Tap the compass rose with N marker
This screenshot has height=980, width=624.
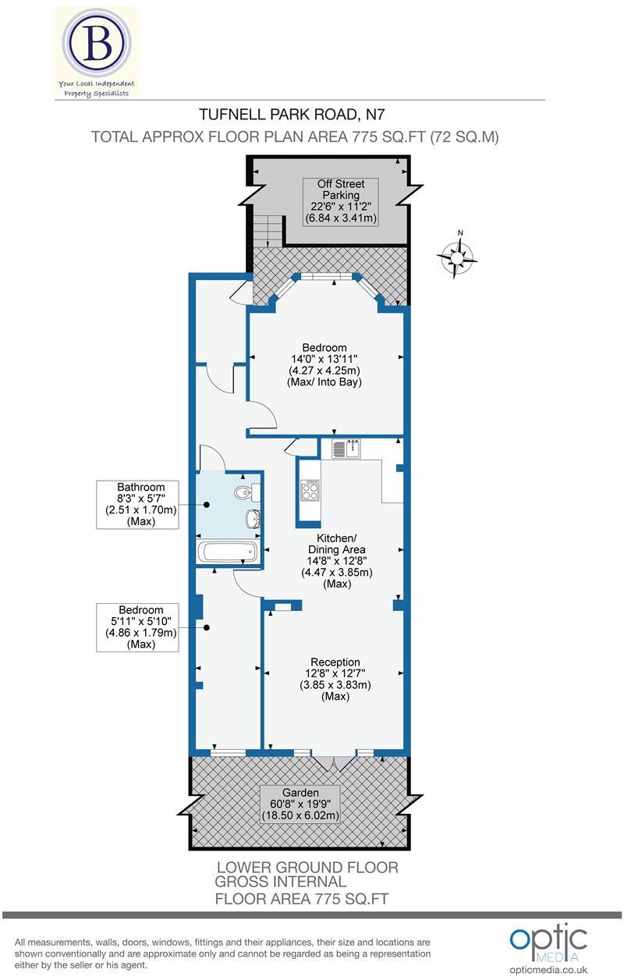coord(460,257)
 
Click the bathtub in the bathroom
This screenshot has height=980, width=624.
coord(228,552)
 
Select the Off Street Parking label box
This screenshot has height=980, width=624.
coord(340,202)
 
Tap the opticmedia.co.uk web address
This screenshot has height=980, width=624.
coord(548,969)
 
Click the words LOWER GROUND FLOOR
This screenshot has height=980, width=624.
coord(307,867)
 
